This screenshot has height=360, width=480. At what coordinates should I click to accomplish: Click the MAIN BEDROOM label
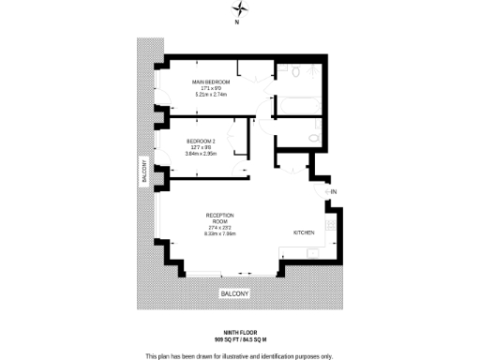pyautogui.click(x=212, y=82)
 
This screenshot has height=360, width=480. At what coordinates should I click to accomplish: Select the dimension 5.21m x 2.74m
pyautogui.click(x=212, y=95)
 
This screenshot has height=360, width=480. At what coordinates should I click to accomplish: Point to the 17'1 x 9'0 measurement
pyautogui.click(x=212, y=88)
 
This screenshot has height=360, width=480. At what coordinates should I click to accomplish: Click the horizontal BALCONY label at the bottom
pyautogui.click(x=234, y=294)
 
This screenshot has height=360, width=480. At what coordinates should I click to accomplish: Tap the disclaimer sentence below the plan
pyautogui.click(x=240, y=355)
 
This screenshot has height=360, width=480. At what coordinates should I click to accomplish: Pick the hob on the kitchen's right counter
pyautogui.click(x=329, y=225)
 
